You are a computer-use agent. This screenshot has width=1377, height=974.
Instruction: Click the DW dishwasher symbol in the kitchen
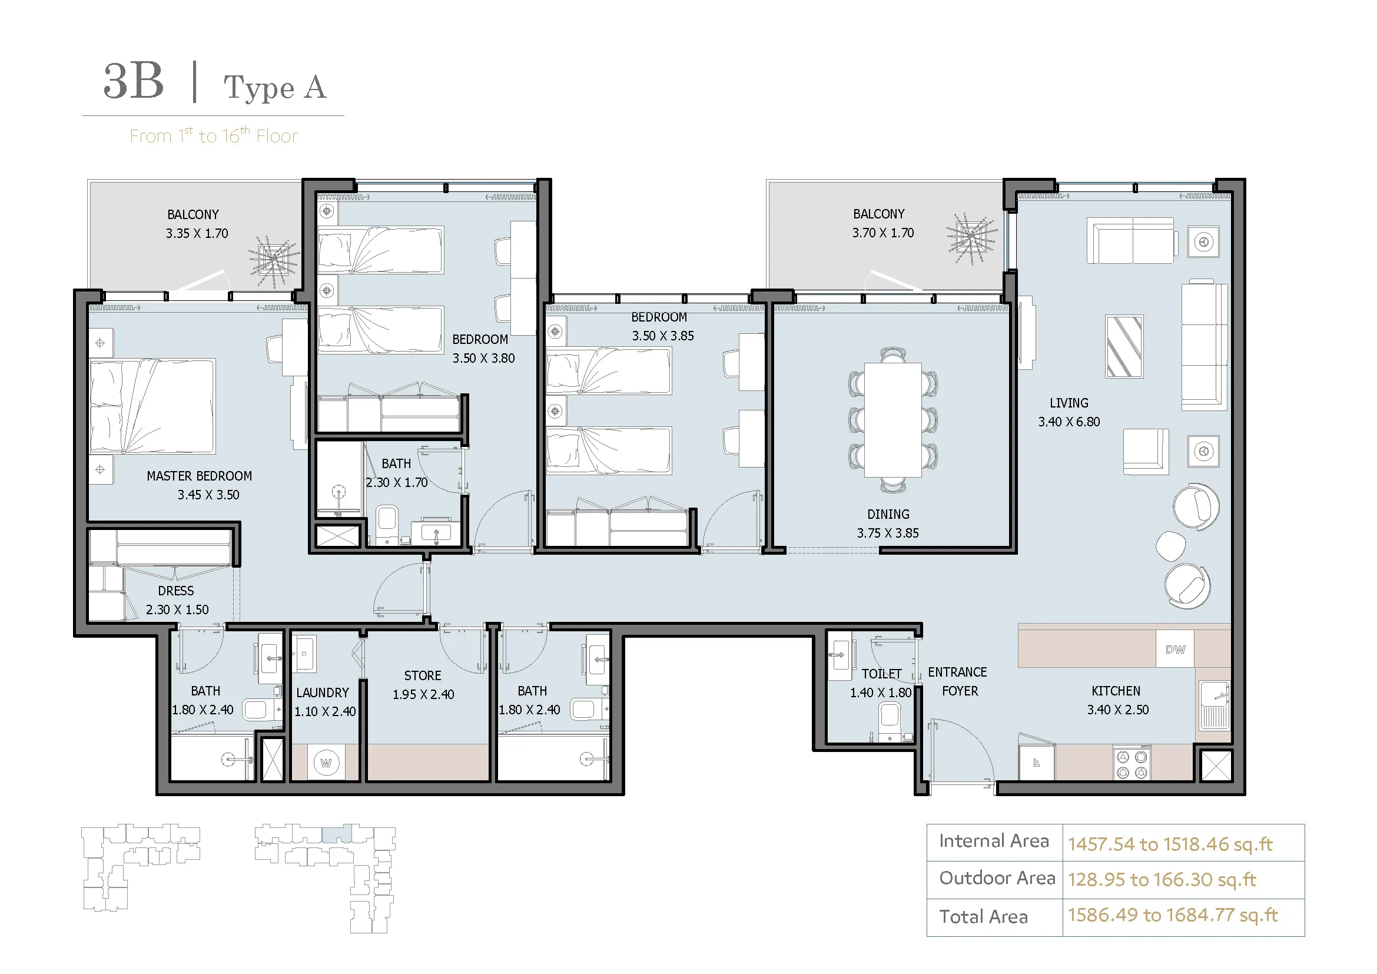pyautogui.click(x=1175, y=649)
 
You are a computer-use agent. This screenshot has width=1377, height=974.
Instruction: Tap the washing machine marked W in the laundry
pyautogui.click(x=326, y=763)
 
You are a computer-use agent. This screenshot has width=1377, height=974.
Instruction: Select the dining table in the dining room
pyautogui.click(x=893, y=420)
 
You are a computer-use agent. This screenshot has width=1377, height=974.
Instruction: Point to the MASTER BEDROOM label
pyautogui.click(x=199, y=476)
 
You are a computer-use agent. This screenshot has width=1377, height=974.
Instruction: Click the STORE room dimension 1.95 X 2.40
pyautogui.click(x=423, y=694)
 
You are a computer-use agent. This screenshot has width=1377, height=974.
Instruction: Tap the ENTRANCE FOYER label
pyautogui.click(x=958, y=681)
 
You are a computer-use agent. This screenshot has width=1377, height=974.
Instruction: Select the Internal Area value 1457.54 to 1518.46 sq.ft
pyautogui.click(x=1170, y=844)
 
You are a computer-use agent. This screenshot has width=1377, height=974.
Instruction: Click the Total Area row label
pyautogui.click(x=984, y=917)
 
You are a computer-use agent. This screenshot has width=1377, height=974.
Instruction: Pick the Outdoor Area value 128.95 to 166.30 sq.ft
pyautogui.click(x=1162, y=880)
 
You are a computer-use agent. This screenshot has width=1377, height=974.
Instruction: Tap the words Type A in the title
pyautogui.click(x=276, y=88)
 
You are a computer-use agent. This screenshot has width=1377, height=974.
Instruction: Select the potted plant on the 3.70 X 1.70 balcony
pyautogui.click(x=971, y=238)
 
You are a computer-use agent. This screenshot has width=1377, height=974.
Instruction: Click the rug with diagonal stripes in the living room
pyautogui.click(x=1124, y=347)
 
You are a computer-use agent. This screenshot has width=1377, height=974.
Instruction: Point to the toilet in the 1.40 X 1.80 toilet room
pyautogui.click(x=890, y=721)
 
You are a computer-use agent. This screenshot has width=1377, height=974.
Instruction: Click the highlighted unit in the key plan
pyautogui.click(x=337, y=834)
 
